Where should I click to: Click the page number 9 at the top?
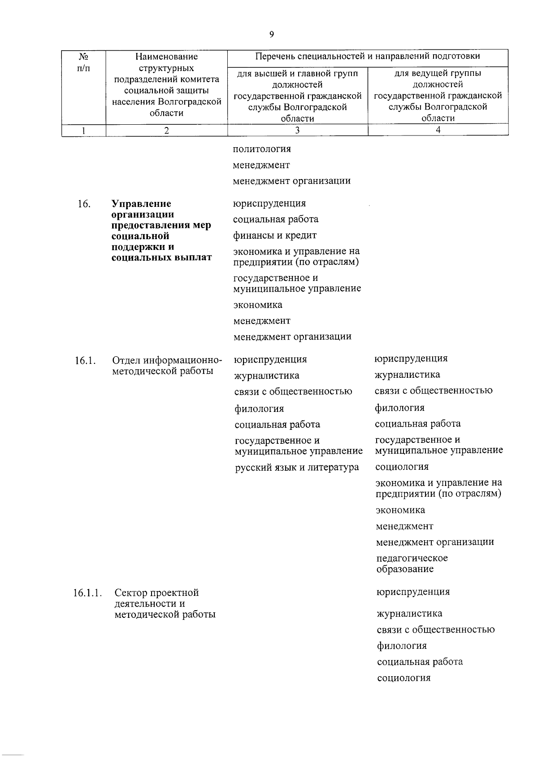point(272,35)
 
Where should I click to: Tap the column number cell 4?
point(438,130)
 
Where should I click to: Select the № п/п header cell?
point(83,62)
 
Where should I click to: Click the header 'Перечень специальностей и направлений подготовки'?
point(367,57)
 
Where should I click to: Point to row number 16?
point(84,204)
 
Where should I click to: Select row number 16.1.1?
point(87,593)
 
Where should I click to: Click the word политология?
point(261,149)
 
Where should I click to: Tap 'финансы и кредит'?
point(274,236)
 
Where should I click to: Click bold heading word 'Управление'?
point(141,204)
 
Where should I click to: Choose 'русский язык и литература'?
point(297,468)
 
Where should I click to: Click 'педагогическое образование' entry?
point(411,564)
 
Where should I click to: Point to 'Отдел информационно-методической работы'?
point(166,366)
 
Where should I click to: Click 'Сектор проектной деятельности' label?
point(156,598)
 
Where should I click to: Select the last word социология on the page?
point(403,678)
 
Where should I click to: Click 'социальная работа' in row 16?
point(276,219)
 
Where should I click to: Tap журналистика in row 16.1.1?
point(409,613)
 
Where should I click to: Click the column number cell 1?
point(83,130)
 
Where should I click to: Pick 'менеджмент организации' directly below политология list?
point(291,181)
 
